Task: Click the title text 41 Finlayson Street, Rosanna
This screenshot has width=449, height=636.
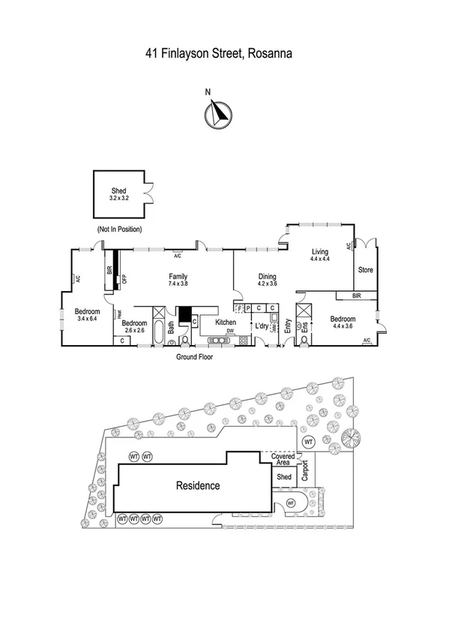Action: tap(218, 53)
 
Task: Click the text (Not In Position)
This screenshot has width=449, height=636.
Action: tap(119, 229)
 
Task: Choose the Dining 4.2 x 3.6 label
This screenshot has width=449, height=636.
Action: tap(267, 280)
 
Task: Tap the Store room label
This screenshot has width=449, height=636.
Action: tap(365, 270)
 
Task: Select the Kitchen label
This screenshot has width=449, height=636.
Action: tap(226, 322)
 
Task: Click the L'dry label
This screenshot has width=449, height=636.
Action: tap(262, 326)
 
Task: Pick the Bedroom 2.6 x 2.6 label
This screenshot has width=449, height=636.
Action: tap(134, 326)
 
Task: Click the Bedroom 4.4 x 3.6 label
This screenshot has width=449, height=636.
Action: tap(346, 322)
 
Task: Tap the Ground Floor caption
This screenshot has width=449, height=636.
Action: tap(194, 358)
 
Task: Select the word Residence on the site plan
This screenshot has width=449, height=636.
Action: tap(198, 485)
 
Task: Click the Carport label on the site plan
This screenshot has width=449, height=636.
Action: tap(305, 470)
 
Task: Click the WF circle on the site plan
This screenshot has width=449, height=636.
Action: tap(291, 503)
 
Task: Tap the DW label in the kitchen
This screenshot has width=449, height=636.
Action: tap(231, 331)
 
